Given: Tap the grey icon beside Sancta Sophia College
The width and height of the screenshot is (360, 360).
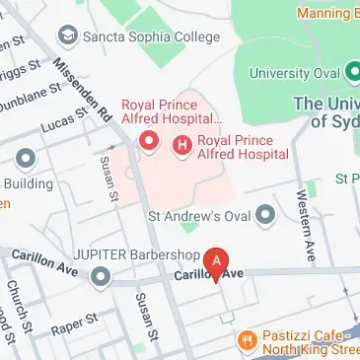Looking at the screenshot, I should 69,38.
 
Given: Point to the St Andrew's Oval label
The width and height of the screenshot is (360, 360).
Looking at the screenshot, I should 196,214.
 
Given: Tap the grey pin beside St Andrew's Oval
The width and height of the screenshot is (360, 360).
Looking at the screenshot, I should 264,214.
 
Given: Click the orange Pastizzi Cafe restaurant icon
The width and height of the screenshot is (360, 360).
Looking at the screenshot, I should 248,340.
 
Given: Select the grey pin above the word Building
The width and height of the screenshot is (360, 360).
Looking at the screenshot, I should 26,159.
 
